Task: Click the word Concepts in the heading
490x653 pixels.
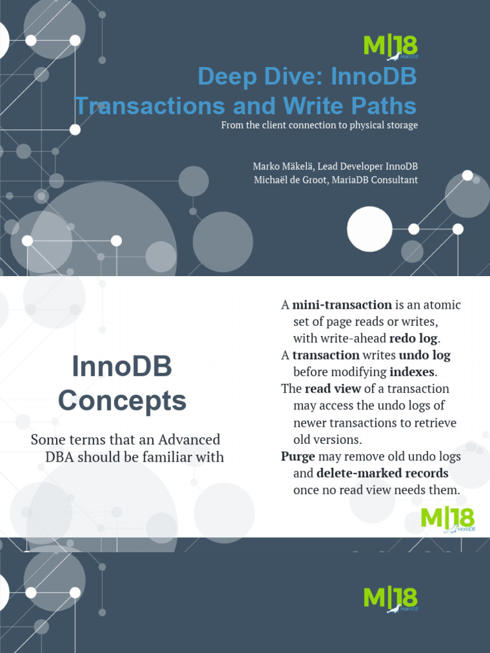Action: (x=122, y=400)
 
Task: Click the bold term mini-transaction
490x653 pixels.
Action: (x=342, y=305)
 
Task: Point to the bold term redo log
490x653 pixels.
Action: (x=413, y=338)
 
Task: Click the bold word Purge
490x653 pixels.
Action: (x=298, y=457)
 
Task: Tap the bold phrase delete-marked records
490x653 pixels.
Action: (x=383, y=474)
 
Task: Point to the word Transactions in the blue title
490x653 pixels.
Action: (x=149, y=106)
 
